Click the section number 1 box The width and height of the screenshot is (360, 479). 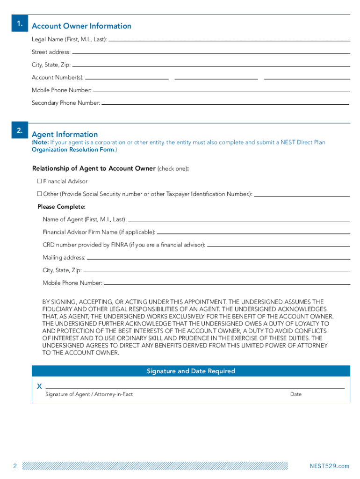click(x=19, y=23)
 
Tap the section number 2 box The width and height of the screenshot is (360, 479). click(x=19, y=131)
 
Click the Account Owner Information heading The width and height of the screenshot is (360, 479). click(x=81, y=26)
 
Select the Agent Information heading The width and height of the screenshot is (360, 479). click(x=65, y=134)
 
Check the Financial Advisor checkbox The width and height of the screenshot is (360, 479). click(x=40, y=181)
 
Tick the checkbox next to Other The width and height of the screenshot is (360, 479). click(x=40, y=194)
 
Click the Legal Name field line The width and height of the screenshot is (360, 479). click(x=229, y=40)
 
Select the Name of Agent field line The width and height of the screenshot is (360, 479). click(x=238, y=220)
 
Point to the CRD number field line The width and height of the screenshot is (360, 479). click(x=278, y=246)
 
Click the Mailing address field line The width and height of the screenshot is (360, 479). click(x=218, y=258)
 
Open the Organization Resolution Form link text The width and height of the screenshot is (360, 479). click(x=72, y=150)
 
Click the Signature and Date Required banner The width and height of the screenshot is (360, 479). click(x=191, y=371)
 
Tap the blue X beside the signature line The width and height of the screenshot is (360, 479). click(x=39, y=386)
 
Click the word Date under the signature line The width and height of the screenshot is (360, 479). click(x=295, y=394)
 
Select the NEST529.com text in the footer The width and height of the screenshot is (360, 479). click(x=329, y=466)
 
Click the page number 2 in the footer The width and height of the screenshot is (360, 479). click(x=15, y=466)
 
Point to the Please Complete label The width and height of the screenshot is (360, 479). click(x=61, y=206)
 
